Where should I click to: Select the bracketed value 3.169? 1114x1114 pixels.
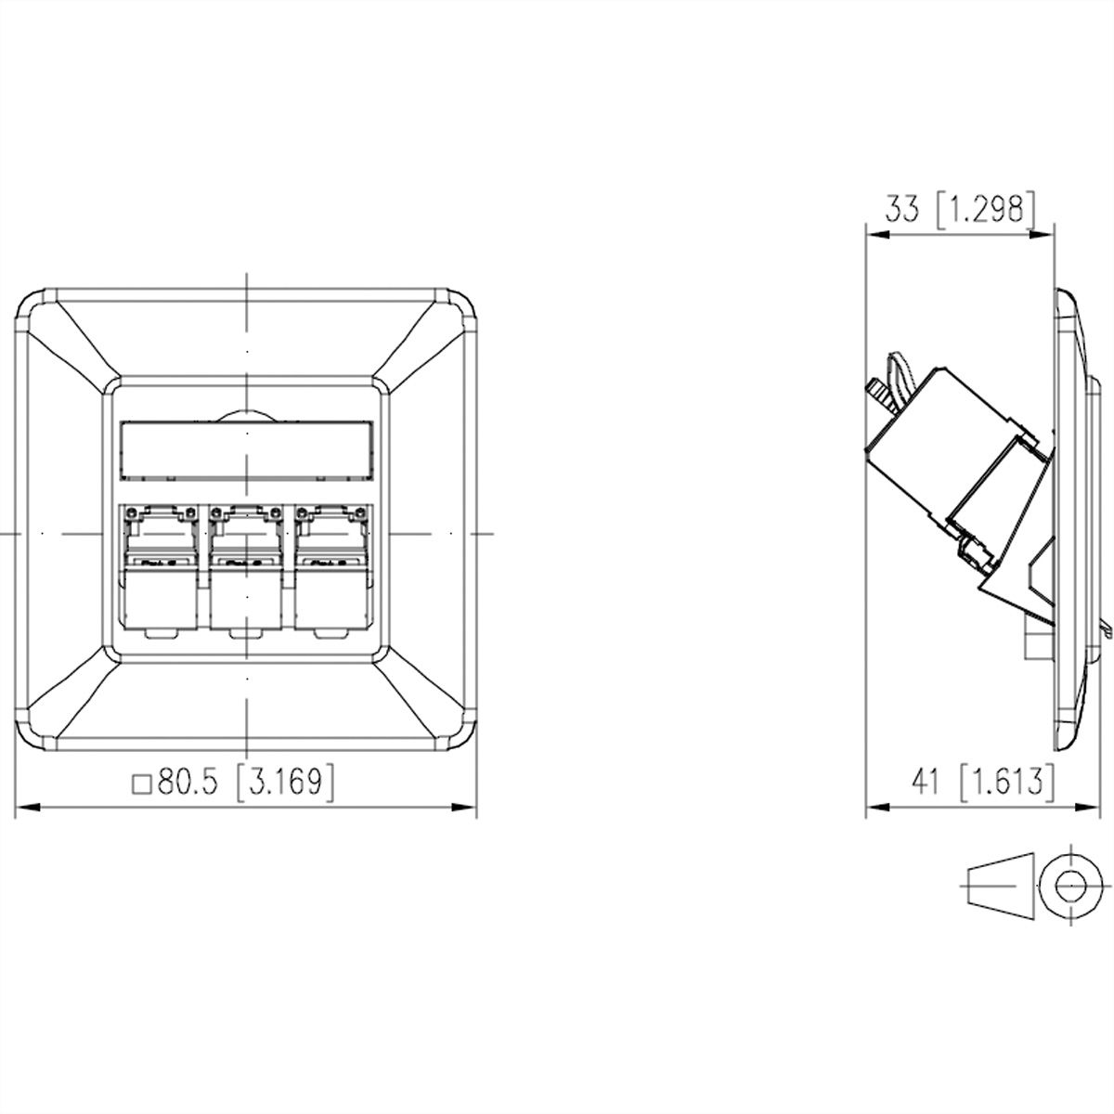click(x=286, y=783)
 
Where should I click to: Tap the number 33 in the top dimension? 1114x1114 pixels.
click(x=902, y=211)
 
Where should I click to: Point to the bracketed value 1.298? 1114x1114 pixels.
click(x=986, y=211)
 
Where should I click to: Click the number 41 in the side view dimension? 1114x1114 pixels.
click(x=927, y=783)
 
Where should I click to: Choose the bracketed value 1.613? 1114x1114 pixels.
click(x=1007, y=783)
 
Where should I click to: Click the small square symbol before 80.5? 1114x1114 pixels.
click(x=142, y=784)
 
